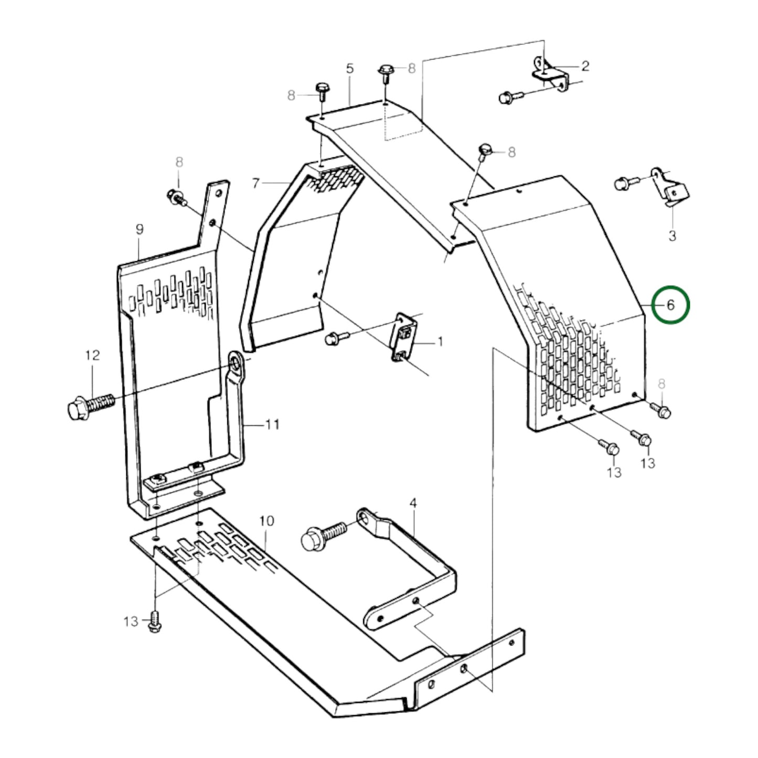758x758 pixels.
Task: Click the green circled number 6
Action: tap(670, 305)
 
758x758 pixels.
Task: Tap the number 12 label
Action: tap(92, 355)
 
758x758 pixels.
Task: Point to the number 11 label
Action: tap(272, 424)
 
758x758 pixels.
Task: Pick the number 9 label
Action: tap(139, 229)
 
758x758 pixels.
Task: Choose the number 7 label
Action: tap(255, 183)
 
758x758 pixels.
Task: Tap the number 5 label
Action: tap(350, 68)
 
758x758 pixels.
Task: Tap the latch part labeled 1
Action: tap(404, 338)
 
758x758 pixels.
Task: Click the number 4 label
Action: tap(413, 504)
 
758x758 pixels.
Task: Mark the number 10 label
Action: tap(266, 521)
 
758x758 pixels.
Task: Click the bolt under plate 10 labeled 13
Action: tap(154, 621)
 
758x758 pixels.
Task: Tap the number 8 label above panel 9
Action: tap(179, 163)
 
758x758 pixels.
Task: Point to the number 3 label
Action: tap(672, 236)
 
